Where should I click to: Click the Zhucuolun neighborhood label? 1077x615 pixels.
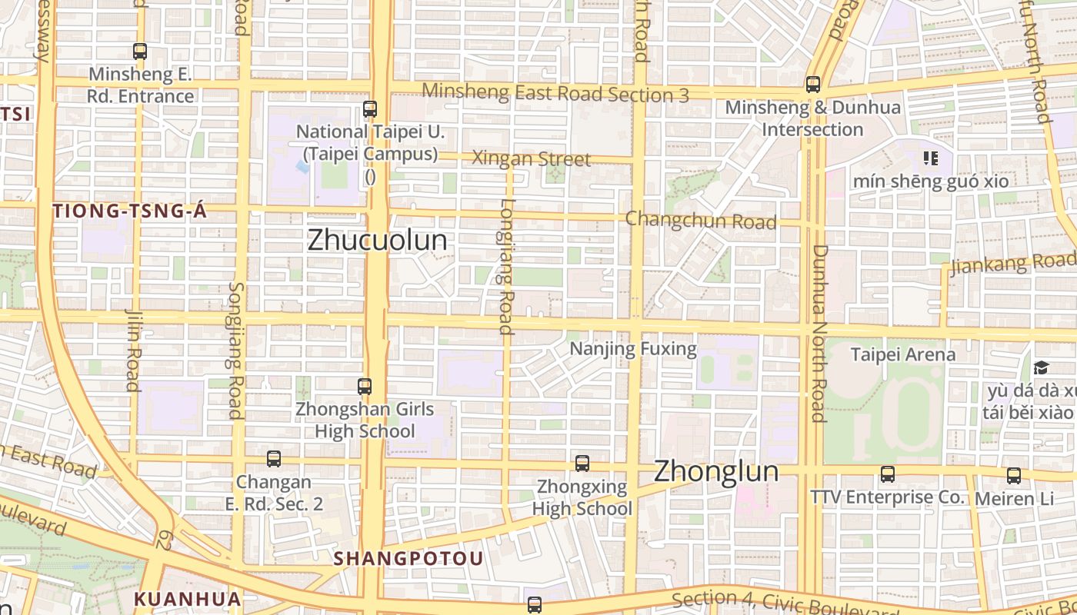tap(377, 240)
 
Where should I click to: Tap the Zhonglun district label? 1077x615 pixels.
tap(716, 471)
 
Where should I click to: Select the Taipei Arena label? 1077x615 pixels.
tap(903, 354)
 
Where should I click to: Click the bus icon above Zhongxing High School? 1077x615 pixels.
tap(582, 463)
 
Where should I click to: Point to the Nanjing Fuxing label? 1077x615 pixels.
tap(633, 349)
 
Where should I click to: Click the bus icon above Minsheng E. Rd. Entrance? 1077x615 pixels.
tap(140, 52)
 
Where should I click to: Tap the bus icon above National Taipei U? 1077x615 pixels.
tap(370, 109)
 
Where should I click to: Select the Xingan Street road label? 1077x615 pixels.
tap(531, 159)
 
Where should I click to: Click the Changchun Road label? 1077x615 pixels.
tap(701, 221)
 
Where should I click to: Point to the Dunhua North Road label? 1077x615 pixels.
tap(819, 333)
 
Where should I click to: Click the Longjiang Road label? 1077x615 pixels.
tap(505, 267)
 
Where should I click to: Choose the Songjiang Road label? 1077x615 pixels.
tap(235, 350)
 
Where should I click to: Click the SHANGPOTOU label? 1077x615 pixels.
tap(409, 559)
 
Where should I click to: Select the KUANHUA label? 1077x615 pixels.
tap(188, 599)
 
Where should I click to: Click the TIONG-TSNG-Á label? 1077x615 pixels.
tap(130, 211)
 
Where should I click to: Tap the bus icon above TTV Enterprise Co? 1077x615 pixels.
tap(888, 474)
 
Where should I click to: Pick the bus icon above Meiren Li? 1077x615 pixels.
tap(1014, 476)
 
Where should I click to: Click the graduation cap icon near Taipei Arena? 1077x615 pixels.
tap(1042, 367)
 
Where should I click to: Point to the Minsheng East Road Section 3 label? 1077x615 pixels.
tap(555, 93)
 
